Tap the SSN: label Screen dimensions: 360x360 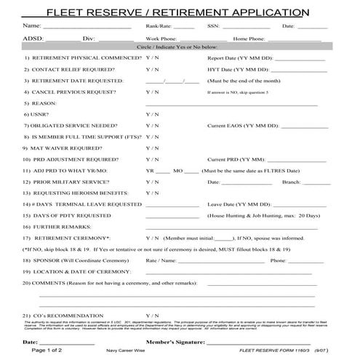tap(213, 26)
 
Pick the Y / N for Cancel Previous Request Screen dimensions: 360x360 tap(152, 92)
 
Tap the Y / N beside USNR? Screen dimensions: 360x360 tap(152, 115)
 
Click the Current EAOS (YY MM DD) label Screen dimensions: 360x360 tap(243, 126)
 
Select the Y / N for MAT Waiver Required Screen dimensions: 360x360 tap(152, 148)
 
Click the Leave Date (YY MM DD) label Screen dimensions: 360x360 tap(237, 204)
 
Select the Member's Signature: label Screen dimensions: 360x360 tap(175, 340)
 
